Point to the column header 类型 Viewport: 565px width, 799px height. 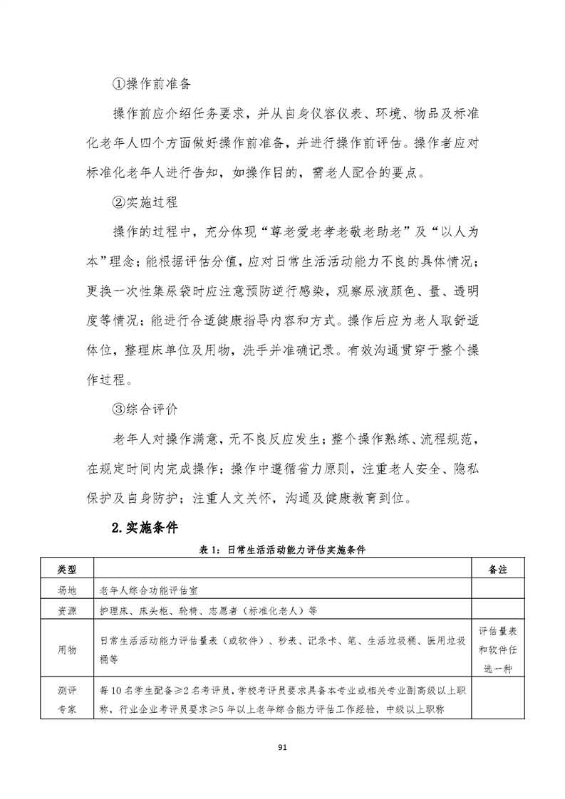tap(66, 570)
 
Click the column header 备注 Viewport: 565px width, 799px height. tap(498, 570)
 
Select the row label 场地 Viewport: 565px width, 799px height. tap(66, 590)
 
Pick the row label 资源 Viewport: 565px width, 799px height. tap(66, 610)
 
